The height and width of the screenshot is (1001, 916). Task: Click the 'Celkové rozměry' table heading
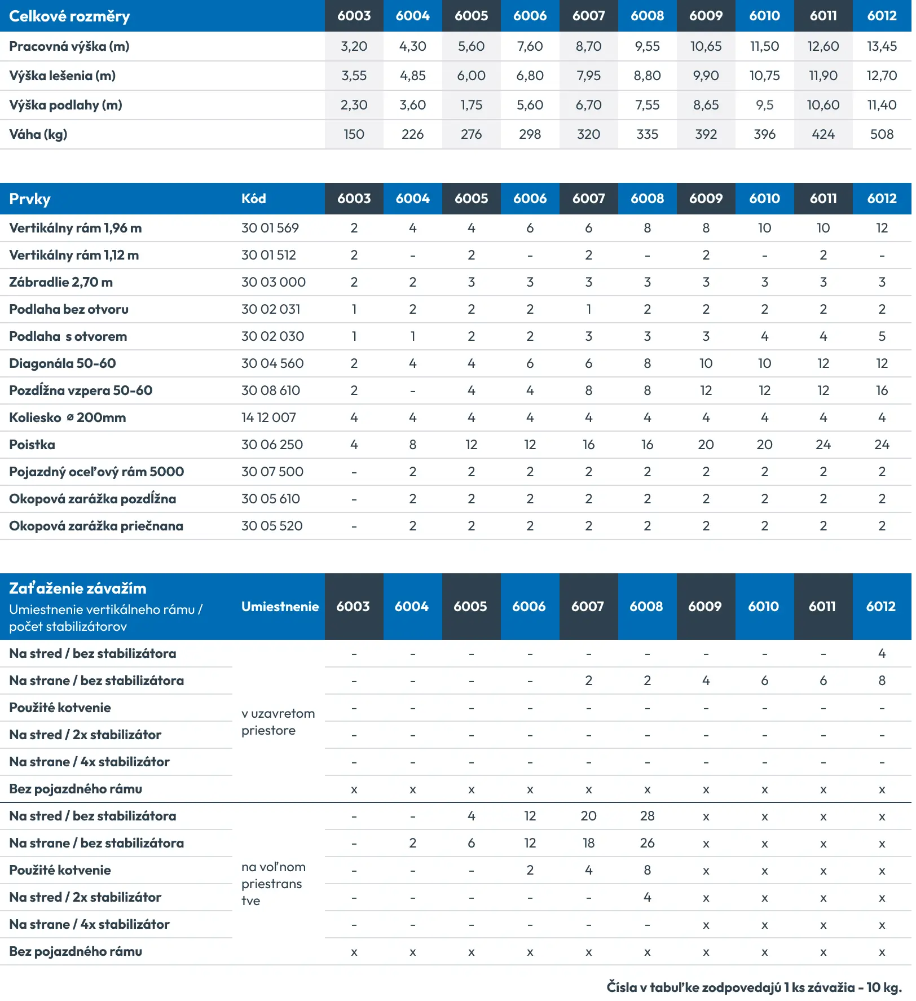point(69,16)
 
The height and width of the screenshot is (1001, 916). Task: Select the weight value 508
point(882,134)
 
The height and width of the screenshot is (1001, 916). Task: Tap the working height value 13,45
point(882,46)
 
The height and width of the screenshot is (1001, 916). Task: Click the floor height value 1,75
point(471,105)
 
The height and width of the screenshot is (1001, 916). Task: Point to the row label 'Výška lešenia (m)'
point(62,76)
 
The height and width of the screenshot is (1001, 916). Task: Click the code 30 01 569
point(270,228)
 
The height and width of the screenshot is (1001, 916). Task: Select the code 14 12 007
point(268,418)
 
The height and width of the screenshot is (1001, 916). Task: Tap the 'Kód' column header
point(253,199)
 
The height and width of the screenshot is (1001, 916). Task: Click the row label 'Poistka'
point(32,445)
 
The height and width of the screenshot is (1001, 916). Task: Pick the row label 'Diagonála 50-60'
point(63,363)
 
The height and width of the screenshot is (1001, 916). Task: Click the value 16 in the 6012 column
point(882,390)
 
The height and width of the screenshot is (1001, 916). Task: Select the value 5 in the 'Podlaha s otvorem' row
point(882,336)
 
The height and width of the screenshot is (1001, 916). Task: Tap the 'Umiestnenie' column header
point(280,607)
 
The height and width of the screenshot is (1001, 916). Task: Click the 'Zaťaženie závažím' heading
point(77,589)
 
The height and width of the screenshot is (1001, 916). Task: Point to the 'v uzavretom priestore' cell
point(278,722)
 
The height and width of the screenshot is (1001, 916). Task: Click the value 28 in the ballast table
point(647,816)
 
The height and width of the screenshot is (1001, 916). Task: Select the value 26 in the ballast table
point(647,843)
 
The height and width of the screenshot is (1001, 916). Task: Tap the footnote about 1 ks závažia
point(754,987)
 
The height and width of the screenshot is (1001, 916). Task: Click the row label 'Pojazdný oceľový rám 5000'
point(96,472)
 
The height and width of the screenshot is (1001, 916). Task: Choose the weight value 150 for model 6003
point(354,134)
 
